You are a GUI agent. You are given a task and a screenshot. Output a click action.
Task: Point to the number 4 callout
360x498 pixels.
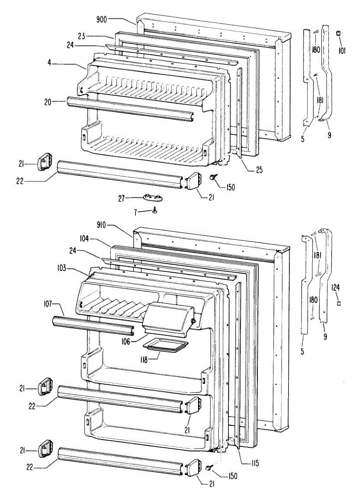pyautogui.click(x=50, y=63)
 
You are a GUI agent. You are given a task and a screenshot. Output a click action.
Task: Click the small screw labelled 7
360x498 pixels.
pyautogui.click(x=154, y=210)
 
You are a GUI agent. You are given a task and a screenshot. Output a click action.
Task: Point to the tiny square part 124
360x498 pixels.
pyautogui.click(x=338, y=303)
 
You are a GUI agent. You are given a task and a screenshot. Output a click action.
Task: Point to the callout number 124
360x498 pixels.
pyautogui.click(x=336, y=286)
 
